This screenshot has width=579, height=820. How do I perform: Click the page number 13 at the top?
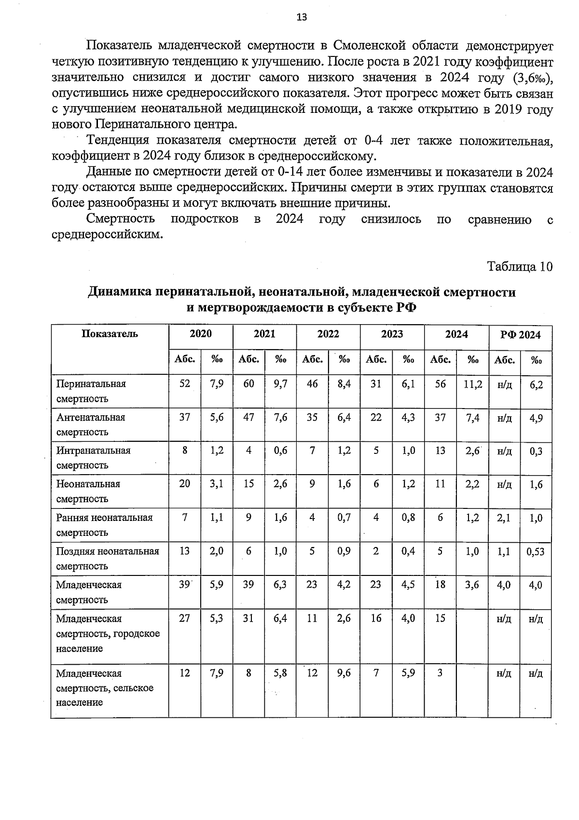click(x=301, y=18)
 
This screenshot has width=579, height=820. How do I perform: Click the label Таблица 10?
click(x=519, y=267)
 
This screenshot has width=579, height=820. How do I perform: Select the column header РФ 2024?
click(x=521, y=335)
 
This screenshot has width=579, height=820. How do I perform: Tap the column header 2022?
click(x=328, y=334)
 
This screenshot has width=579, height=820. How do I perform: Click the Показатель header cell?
click(x=110, y=334)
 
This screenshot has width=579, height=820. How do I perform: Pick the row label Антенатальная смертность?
click(x=91, y=424)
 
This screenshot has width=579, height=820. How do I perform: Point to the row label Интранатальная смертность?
click(x=93, y=458)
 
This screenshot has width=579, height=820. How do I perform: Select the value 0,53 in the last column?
click(x=535, y=551)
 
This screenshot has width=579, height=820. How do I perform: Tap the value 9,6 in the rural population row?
click(x=344, y=673)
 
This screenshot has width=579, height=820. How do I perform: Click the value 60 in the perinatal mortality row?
click(x=248, y=384)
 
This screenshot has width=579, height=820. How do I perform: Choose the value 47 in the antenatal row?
click(x=248, y=418)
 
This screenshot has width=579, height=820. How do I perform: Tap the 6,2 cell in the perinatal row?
click(x=536, y=385)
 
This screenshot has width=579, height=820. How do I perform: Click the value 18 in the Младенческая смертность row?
click(x=440, y=585)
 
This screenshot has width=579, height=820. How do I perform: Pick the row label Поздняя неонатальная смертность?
click(x=107, y=558)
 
